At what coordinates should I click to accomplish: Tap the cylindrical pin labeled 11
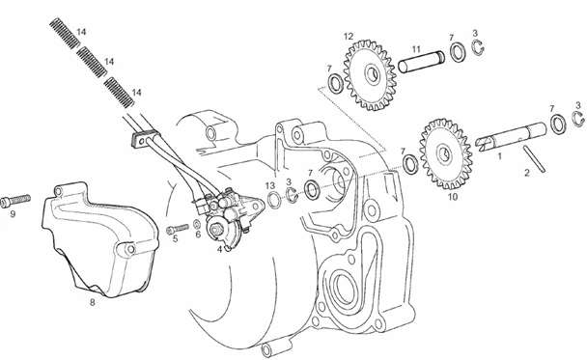coord(421,62)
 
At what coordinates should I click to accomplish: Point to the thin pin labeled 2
coord(535,158)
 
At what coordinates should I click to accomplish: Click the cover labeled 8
coord(99,239)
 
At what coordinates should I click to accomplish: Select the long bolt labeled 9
coord(15,200)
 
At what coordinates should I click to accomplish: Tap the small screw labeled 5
coord(178,229)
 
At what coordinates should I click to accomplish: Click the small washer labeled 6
coord(197,224)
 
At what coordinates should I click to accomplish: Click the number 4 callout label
coord(220,249)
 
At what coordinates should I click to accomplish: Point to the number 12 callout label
coord(349,37)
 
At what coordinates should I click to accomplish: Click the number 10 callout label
coord(453,197)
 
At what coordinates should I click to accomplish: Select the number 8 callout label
coord(92,302)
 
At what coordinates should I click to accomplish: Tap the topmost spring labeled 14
coord(65,34)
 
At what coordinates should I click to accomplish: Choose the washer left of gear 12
coord(335,83)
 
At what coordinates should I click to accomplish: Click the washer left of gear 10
coord(410,164)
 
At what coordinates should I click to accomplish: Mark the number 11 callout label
coord(416,49)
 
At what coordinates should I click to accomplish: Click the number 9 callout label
coord(13,214)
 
